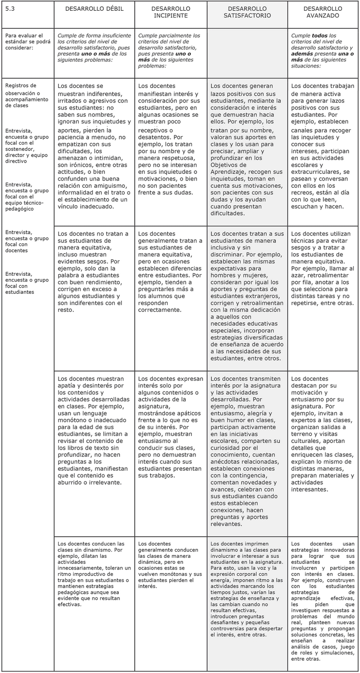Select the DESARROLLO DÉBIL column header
94,9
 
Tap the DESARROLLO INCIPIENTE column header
171,12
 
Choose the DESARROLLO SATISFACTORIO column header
247,12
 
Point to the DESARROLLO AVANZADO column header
322,12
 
